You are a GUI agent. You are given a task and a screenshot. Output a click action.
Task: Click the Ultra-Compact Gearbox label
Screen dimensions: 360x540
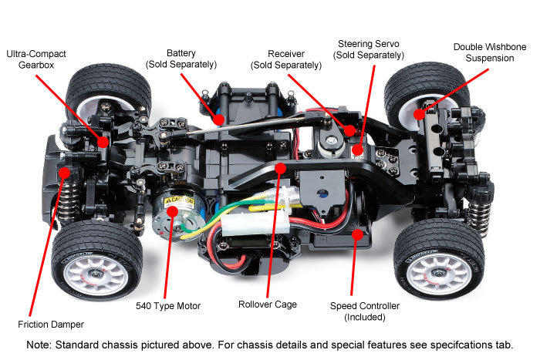[36, 60]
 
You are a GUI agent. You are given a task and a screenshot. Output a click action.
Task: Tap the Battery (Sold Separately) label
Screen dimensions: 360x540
[181, 59]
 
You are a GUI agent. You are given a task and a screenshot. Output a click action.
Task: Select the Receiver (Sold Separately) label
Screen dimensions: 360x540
[286, 59]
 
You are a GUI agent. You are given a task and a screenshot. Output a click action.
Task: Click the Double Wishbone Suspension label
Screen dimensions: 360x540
[490, 52]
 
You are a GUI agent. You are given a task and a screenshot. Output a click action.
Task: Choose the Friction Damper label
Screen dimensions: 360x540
[51, 324]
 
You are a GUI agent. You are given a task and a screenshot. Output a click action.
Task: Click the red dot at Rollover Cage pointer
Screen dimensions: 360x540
[280, 167]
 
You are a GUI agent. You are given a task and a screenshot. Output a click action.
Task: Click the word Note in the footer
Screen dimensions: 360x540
[39, 345]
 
